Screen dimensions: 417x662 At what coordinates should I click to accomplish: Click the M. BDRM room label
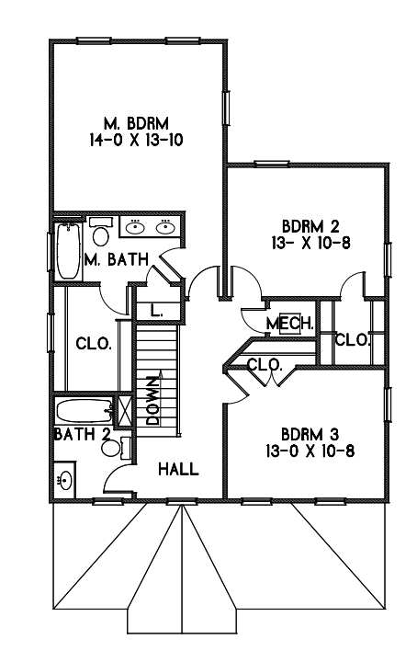point(136,124)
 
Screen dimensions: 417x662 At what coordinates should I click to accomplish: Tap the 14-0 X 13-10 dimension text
point(136,140)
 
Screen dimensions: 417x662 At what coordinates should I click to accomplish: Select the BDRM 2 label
point(310,227)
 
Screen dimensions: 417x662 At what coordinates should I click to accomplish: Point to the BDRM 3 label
point(310,434)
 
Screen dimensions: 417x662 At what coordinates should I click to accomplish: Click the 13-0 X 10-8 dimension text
point(310,451)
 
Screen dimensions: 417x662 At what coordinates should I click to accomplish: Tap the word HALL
point(178,469)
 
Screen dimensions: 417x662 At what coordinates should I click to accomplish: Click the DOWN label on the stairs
point(152,400)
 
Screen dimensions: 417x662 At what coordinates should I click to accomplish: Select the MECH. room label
point(290,324)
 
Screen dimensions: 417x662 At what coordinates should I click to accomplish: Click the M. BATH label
point(117,259)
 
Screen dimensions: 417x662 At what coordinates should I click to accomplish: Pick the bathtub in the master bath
point(68,251)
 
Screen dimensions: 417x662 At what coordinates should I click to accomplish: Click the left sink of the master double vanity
point(135,228)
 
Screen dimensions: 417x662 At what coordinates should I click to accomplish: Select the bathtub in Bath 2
point(85,412)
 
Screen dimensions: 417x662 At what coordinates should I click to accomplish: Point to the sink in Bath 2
point(65,480)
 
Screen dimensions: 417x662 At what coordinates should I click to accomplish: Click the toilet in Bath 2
point(116,448)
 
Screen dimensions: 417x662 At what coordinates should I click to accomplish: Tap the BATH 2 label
point(83,434)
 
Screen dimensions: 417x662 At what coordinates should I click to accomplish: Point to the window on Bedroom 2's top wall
point(272,164)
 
